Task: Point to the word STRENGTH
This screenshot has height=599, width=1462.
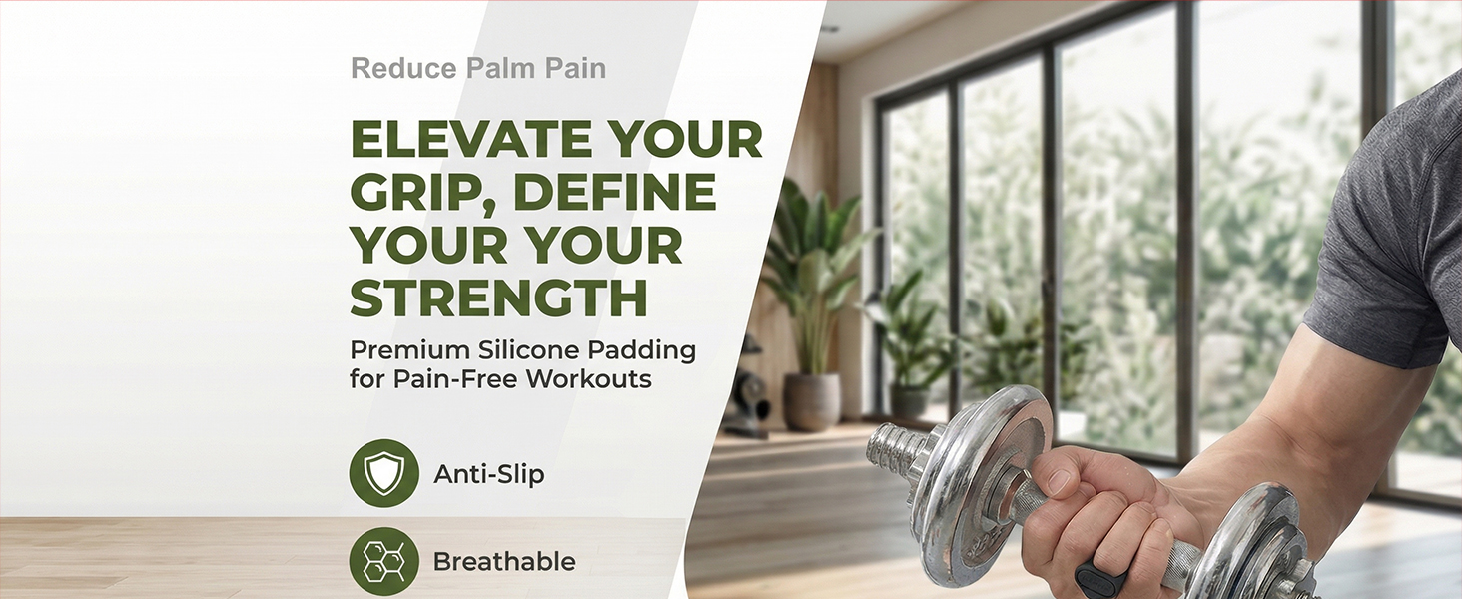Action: point(498,298)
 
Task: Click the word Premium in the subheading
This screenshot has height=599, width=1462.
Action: point(409,350)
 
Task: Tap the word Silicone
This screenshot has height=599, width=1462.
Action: point(529,349)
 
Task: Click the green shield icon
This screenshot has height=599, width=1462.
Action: point(383,473)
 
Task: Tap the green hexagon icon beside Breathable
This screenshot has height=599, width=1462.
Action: point(383,561)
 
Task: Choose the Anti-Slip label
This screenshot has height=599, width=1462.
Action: point(489,474)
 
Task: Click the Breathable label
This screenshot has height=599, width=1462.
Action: point(504,562)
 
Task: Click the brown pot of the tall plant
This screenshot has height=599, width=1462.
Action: point(812,402)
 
